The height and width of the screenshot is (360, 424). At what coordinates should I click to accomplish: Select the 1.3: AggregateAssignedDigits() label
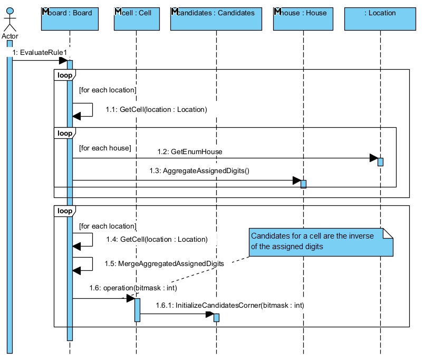point(199,170)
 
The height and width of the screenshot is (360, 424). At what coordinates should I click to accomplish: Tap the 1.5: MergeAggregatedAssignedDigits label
point(165,263)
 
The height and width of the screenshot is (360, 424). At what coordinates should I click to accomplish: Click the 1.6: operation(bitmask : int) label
point(132,288)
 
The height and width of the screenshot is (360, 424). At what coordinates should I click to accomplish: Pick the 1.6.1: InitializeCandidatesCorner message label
point(229,305)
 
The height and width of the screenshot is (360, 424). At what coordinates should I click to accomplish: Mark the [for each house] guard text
point(105,148)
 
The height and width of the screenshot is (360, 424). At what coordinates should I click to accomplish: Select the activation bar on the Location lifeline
point(380,162)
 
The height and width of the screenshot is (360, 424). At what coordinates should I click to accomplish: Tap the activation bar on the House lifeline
point(303,184)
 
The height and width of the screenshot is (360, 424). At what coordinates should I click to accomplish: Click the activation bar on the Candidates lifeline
point(216,317)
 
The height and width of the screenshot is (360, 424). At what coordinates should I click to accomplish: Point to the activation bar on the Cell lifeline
point(137,310)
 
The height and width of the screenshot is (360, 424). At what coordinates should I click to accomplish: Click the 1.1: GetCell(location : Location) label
point(156,110)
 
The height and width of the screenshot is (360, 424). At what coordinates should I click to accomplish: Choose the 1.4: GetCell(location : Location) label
point(156,239)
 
